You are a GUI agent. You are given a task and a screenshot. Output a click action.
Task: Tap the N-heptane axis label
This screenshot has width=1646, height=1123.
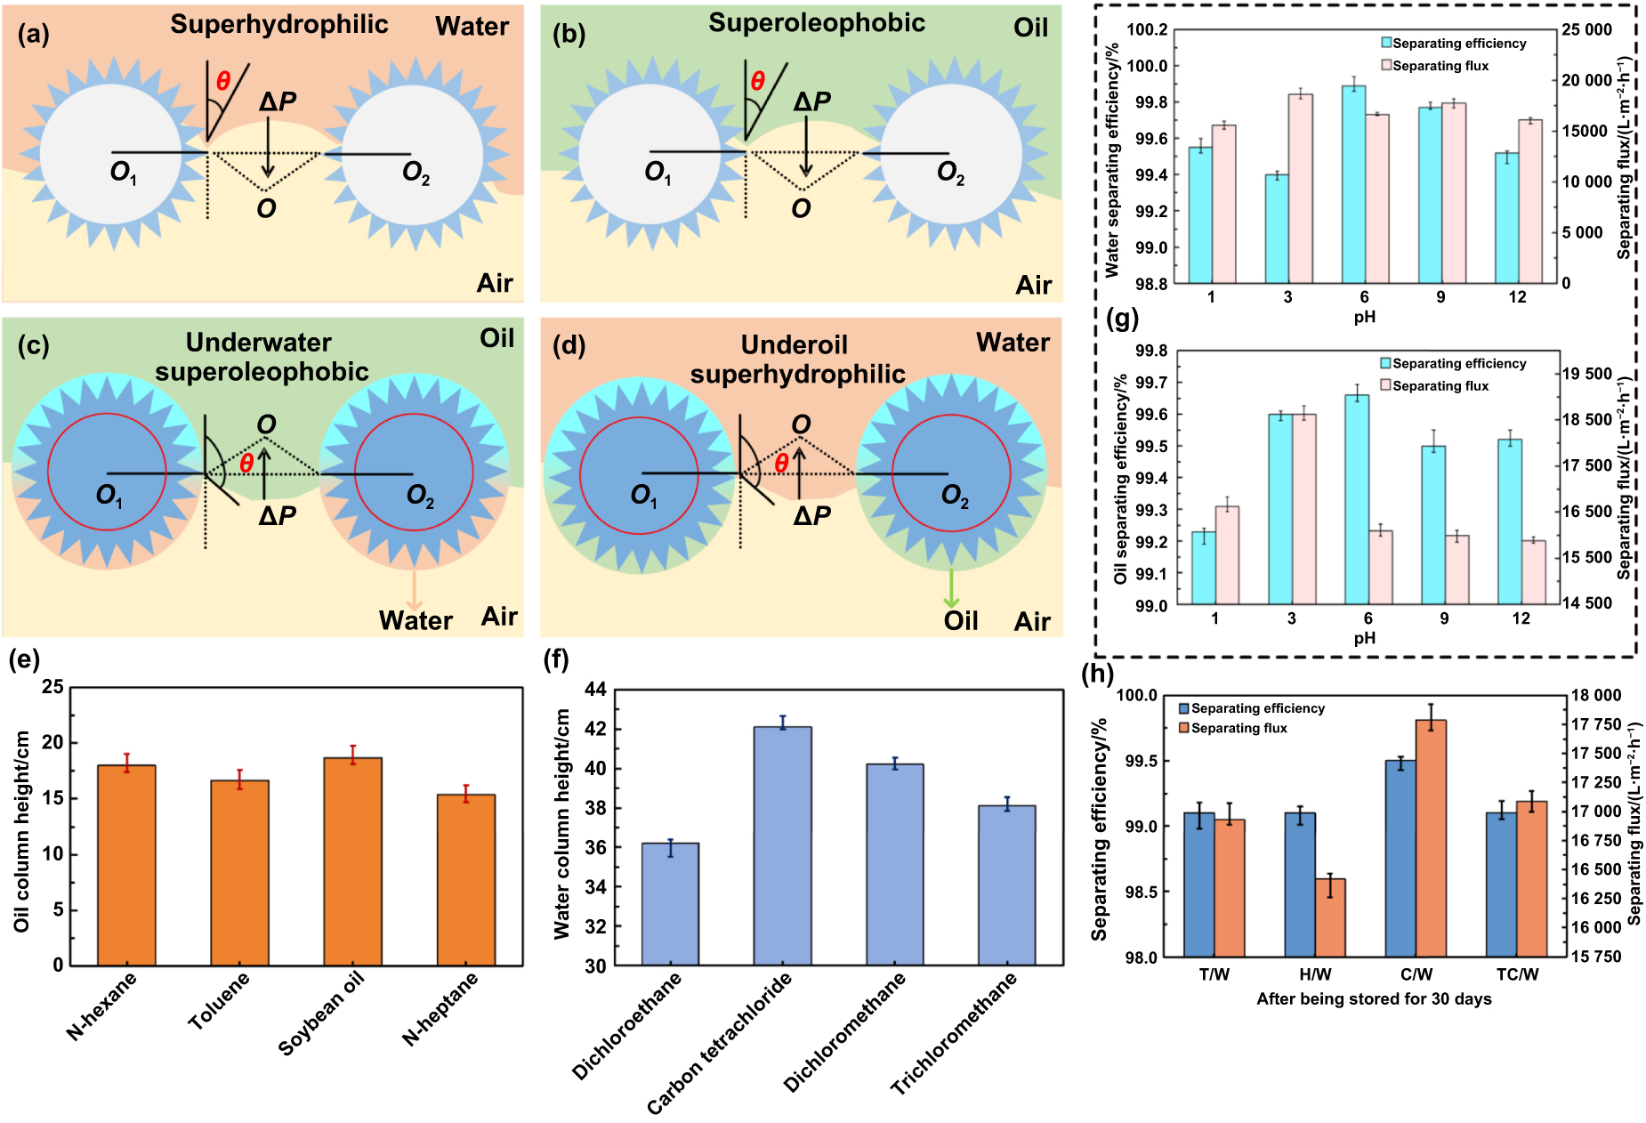pos(440,1008)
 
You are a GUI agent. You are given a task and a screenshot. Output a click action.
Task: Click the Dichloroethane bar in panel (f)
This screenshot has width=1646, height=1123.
pos(670,903)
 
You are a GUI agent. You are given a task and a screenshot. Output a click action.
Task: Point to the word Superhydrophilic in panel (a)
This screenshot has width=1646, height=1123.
pos(279,24)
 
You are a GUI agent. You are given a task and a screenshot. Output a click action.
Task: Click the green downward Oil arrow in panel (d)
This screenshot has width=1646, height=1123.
pos(952,588)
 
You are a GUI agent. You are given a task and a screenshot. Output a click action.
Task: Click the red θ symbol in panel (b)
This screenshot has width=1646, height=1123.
pos(757,81)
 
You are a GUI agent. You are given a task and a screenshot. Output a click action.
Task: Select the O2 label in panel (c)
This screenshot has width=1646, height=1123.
pos(420,496)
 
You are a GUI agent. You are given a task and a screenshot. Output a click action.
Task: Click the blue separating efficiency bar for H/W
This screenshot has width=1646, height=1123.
pos(1300,885)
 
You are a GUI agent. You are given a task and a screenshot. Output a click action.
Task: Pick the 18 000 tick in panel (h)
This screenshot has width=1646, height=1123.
pos(1595,696)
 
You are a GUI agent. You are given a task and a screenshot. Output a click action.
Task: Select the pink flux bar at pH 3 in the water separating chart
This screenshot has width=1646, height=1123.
pos(1300,189)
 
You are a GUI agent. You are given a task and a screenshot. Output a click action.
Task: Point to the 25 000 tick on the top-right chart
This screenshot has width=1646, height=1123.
pos(1586,30)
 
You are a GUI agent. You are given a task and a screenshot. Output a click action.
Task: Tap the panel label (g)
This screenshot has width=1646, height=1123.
pos(1122,318)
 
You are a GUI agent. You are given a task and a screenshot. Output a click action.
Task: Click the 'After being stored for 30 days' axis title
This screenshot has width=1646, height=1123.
pos(1373,998)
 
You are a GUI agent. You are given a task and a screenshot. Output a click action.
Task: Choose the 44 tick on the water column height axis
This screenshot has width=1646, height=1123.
pos(595,690)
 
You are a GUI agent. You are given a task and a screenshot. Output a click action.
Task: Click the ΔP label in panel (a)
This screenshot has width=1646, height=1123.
pos(278,102)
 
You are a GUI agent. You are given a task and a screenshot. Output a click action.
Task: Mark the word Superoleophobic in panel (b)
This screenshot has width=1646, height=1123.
pos(816,23)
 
